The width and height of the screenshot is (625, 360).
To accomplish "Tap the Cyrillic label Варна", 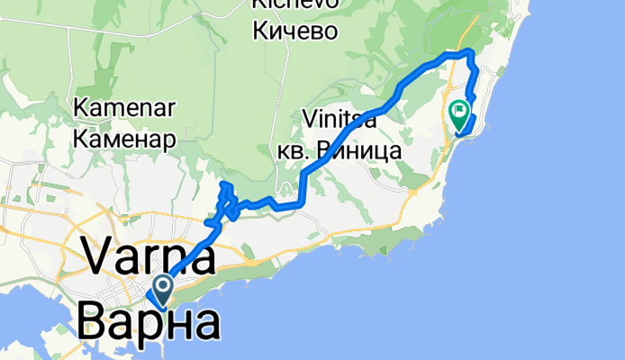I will (148, 321).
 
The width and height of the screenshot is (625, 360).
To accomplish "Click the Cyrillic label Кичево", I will (295, 31).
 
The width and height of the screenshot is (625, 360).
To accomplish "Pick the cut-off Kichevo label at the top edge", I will (295, 4).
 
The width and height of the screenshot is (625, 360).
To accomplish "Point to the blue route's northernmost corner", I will (467, 52).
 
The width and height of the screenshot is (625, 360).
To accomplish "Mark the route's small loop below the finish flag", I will (466, 131).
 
